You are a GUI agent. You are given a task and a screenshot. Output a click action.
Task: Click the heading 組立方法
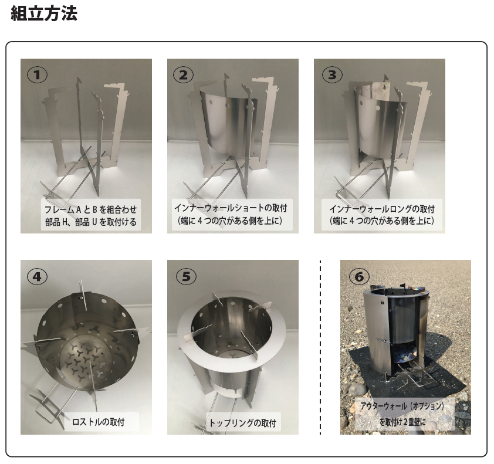coord(44,14)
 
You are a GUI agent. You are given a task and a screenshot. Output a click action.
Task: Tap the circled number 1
coord(37,75)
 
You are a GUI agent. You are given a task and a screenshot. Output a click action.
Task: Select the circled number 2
coord(184,75)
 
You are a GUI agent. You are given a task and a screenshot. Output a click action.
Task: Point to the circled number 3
coord(332,75)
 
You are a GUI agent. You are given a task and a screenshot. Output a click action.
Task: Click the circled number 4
coord(37,276)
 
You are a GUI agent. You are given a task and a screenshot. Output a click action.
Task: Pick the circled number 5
coord(186,276)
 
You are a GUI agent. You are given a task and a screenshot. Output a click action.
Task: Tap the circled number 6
coord(359,276)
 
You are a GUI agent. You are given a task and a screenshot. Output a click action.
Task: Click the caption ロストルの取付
coord(99,422)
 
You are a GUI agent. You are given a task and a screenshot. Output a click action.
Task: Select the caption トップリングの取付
coord(242,422)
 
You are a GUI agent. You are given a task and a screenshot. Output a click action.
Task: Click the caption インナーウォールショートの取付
coord(231,208)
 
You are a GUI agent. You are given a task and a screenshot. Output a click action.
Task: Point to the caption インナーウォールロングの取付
coord(382,209)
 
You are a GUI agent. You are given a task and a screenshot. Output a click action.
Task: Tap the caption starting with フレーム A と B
coord(90,209)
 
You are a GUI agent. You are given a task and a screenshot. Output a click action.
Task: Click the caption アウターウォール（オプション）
coord(402,406)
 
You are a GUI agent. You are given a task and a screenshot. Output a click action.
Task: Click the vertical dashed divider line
coord(320,347)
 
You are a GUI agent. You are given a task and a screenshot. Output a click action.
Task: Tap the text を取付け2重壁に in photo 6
coord(402,422)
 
